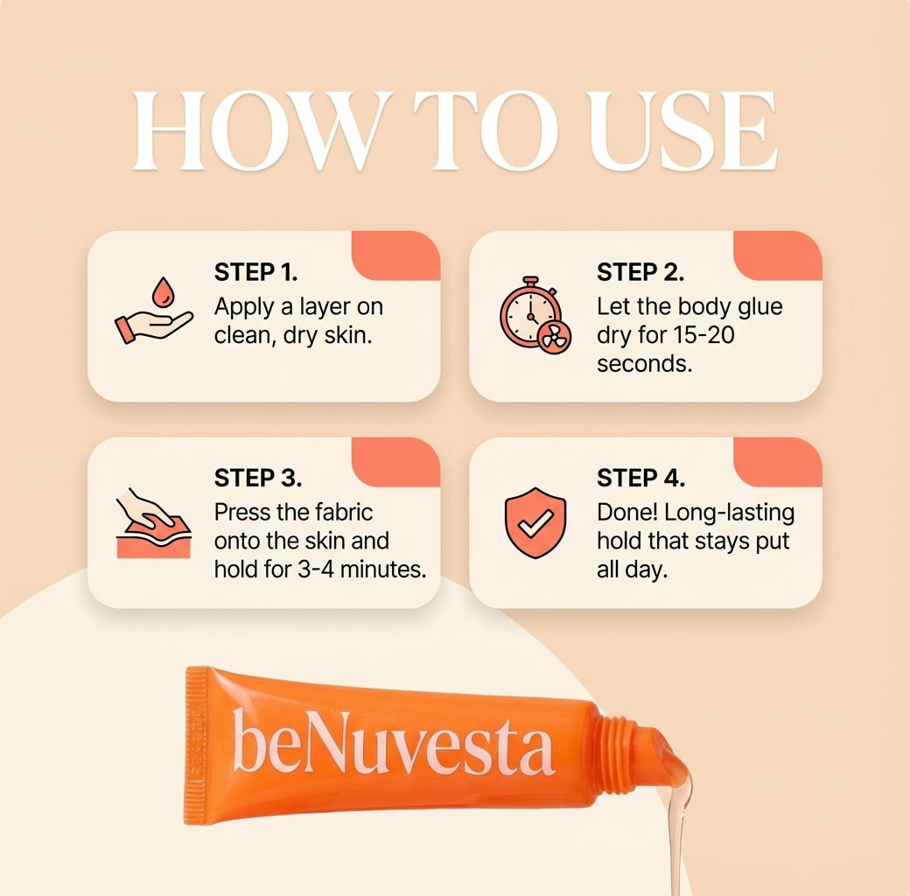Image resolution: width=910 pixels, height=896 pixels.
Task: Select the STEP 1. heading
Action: pyautogui.click(x=255, y=272)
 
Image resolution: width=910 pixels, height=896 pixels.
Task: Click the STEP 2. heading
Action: pyautogui.click(x=640, y=272)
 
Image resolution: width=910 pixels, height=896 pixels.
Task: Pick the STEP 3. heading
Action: pyautogui.click(x=258, y=479)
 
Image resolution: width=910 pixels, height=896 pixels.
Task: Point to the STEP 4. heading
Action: pyautogui.click(x=640, y=479)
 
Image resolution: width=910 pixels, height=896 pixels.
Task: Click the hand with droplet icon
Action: pyautogui.click(x=153, y=311)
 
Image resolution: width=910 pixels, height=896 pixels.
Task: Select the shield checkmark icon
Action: pyautogui.click(x=535, y=522)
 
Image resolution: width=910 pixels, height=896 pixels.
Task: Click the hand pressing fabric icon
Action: pyautogui.click(x=153, y=522)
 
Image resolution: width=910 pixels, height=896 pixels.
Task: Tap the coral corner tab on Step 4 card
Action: pyautogui.click(x=780, y=460)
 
